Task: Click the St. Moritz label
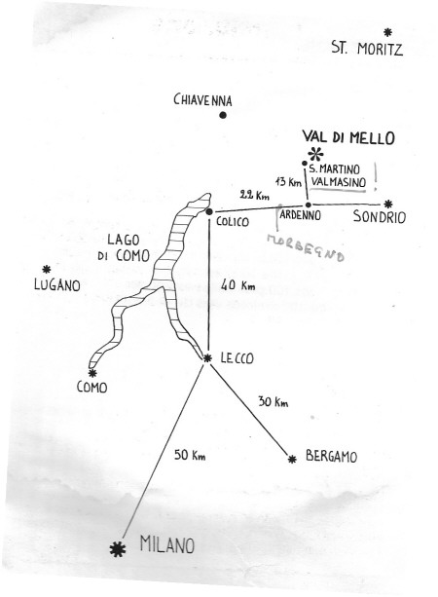(367, 49)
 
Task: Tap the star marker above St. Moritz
(387, 32)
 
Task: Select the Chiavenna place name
(202, 100)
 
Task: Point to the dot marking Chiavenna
(223, 115)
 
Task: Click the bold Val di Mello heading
(348, 137)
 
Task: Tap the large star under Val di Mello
(316, 154)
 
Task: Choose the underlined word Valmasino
(338, 182)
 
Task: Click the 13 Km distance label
(288, 181)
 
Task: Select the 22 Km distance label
(254, 195)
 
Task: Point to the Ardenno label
(300, 215)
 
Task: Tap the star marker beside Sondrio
(387, 205)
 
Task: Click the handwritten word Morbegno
(306, 248)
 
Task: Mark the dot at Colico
(209, 211)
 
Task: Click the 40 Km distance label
(237, 284)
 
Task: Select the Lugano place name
(57, 284)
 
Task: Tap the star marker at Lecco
(207, 357)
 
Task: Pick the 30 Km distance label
(273, 401)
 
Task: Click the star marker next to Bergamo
(292, 459)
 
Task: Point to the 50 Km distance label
(190, 455)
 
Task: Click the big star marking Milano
(118, 549)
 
